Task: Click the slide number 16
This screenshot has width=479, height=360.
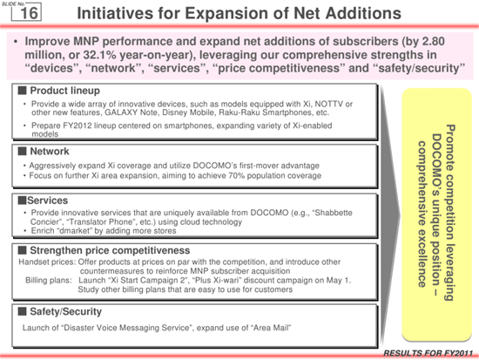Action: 29,13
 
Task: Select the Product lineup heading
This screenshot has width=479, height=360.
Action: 64,91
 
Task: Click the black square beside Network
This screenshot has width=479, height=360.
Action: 23,151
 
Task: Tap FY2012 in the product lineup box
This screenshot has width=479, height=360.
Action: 78,126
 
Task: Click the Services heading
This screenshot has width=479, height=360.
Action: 47,200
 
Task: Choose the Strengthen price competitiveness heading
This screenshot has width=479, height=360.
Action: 110,250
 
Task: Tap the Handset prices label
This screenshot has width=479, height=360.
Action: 47,262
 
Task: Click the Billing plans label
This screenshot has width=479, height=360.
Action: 49,280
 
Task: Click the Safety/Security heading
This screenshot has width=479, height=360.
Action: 65,312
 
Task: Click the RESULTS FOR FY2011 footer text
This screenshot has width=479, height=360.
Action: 428,353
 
